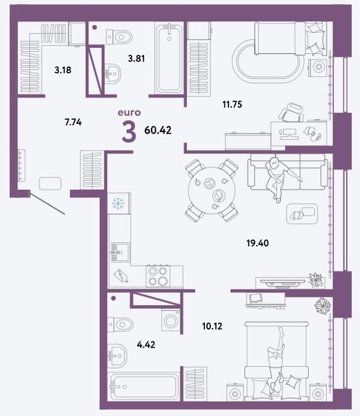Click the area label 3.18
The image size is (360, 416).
[x=63, y=70]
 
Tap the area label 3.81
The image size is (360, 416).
[x=136, y=58]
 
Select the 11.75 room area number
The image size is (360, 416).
[x=232, y=105]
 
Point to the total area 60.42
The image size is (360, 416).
[x=158, y=130]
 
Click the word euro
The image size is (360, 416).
[x=129, y=113]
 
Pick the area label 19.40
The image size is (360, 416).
[x=258, y=243]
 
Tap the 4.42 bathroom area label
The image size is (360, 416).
[x=146, y=345]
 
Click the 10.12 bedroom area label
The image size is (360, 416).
[x=213, y=326]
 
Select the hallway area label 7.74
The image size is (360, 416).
[x=73, y=123]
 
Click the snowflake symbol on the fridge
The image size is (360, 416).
[x=118, y=204]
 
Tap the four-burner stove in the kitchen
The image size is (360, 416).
[x=158, y=275]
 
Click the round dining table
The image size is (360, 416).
[x=211, y=190]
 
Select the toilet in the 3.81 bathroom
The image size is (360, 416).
[x=119, y=37]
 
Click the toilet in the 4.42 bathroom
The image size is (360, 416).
[x=120, y=324]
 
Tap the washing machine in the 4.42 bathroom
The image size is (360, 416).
[x=170, y=320]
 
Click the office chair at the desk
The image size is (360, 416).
[x=291, y=113]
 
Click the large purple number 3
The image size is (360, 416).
[x=129, y=132]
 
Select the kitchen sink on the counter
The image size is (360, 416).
[x=120, y=251]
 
